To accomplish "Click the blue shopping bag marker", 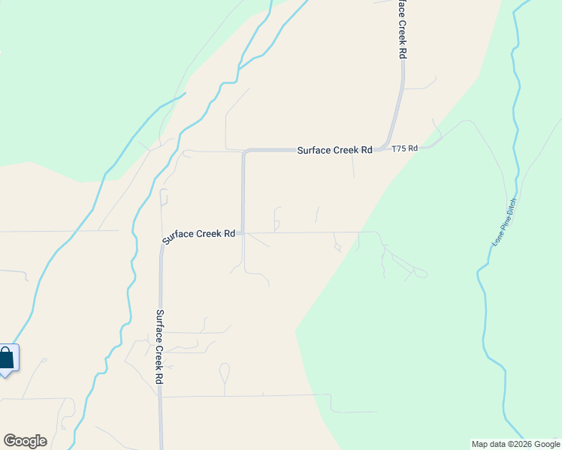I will [x=6, y=358].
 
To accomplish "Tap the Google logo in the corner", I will [x=25, y=441].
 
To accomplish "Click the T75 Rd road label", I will [x=404, y=149].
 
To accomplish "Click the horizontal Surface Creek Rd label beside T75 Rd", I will [x=334, y=150].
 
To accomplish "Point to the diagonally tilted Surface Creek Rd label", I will [x=200, y=235].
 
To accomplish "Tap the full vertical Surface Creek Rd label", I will [x=159, y=347].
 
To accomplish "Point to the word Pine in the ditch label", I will [x=503, y=225].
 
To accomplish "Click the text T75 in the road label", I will [x=399, y=149].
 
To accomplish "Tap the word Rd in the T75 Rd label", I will [x=412, y=149].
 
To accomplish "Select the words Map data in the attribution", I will [x=488, y=444].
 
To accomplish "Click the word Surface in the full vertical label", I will [x=159, y=325].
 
